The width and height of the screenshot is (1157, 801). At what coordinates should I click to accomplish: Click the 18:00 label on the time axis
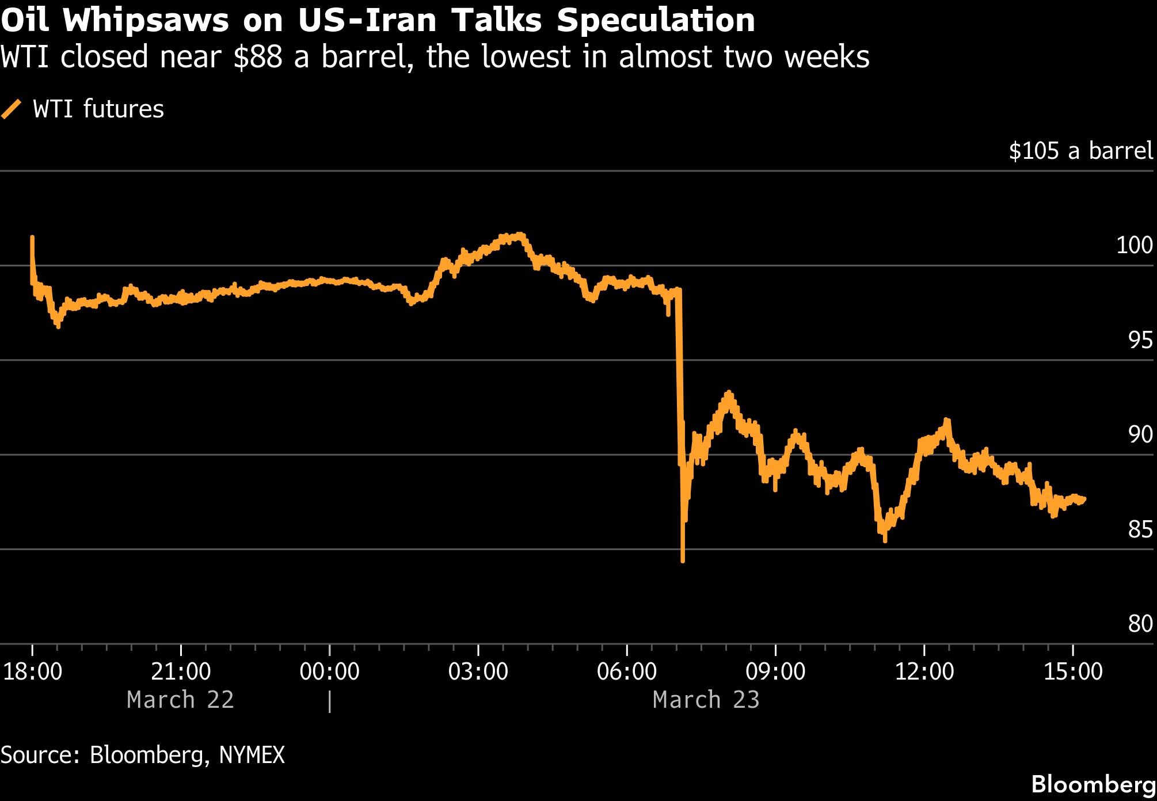coord(33,672)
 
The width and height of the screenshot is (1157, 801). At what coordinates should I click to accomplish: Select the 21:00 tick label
coord(181,672)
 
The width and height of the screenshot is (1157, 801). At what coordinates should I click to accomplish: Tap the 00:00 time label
coord(329,672)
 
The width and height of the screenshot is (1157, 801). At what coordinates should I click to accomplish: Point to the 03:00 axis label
coord(478,672)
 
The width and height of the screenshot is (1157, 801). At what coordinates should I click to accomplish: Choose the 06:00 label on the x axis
coord(626,672)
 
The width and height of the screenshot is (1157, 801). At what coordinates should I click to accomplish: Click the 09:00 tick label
coord(775,672)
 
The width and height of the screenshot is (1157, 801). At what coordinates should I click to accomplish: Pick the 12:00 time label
coord(924,672)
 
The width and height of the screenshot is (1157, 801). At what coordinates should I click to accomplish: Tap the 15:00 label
coord(1072,672)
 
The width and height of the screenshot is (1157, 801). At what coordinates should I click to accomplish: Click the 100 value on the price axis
coord(1134,246)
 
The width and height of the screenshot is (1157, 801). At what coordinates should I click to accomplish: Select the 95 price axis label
coord(1140,341)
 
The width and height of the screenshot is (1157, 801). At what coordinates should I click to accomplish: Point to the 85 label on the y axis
coord(1140,529)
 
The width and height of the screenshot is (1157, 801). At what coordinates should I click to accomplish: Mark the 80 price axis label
coord(1140,624)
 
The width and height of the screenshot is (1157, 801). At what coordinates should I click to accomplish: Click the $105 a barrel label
coord(1080,151)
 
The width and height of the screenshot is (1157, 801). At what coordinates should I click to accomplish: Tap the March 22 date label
coord(180,700)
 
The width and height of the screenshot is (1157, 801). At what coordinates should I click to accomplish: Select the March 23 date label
coord(706,700)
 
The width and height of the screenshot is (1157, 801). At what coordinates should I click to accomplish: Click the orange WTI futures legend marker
coord(11,109)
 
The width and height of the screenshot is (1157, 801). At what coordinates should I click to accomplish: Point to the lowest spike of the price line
coord(683,560)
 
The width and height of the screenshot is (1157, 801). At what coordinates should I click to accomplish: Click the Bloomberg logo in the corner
coord(1093,784)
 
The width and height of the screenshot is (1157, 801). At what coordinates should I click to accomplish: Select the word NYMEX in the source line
coord(252,755)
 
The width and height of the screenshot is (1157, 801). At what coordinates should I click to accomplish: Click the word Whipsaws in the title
coord(145,21)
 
